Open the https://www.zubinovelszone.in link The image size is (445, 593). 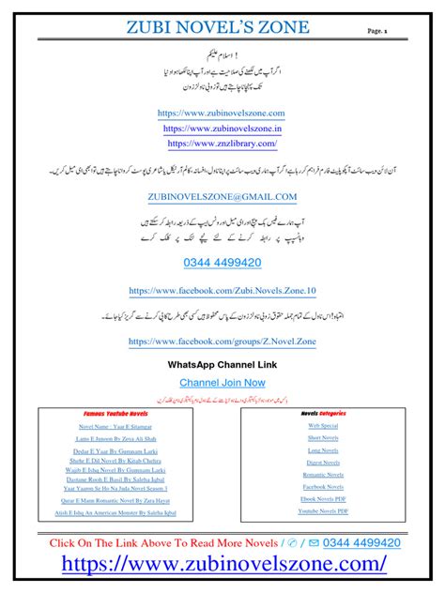pos(222,129)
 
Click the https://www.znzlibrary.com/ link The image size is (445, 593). pos(222,144)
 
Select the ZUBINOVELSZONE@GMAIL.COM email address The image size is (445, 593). pos(222,196)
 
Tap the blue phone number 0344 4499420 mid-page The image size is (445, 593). pos(222,263)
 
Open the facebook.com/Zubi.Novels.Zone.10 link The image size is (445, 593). pos(222,293)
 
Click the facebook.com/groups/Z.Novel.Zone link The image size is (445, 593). pos(222,342)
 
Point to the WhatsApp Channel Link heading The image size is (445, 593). pos(222,363)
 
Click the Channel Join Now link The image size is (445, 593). pos(222,382)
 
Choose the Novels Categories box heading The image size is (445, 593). pos(323,412)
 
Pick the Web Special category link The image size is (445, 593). pos(323,425)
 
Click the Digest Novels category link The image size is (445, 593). pos(323,463)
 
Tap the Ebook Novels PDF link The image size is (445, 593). pos(323,499)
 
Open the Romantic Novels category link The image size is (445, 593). pos(323,475)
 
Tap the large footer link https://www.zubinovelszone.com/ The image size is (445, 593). pos(223,563)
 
